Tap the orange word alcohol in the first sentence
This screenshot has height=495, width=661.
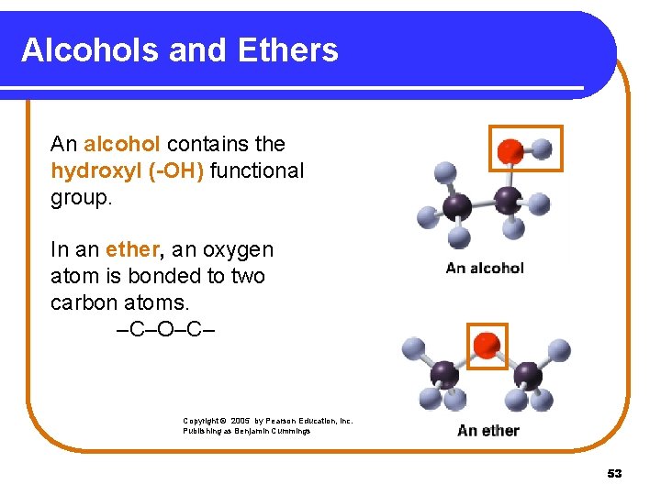[122, 144]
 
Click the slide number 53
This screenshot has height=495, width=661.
[614, 474]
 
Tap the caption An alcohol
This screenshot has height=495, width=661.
[485, 268]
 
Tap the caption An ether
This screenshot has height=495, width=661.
[488, 430]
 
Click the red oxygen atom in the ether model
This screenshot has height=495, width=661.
[487, 346]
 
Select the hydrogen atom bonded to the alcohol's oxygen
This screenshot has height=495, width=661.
[543, 148]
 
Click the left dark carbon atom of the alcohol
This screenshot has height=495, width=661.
[456, 205]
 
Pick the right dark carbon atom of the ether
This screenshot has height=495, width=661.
[527, 375]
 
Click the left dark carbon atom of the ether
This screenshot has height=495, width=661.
[445, 373]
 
